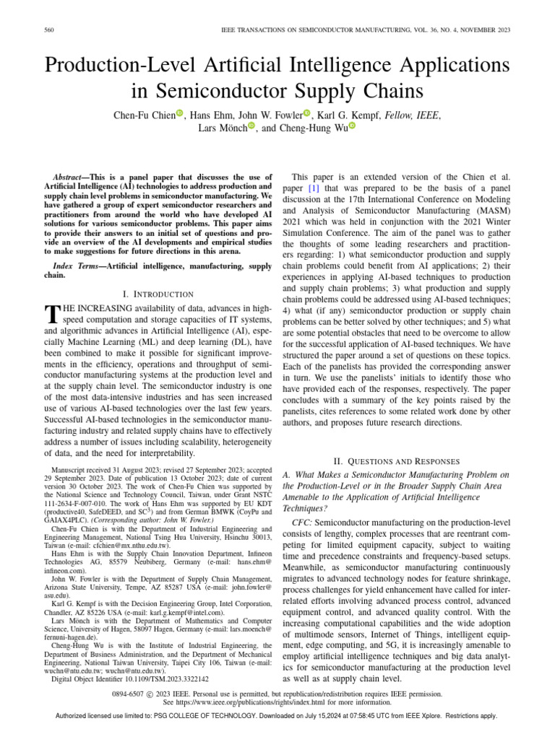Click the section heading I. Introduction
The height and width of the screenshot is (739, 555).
click(x=158, y=294)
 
